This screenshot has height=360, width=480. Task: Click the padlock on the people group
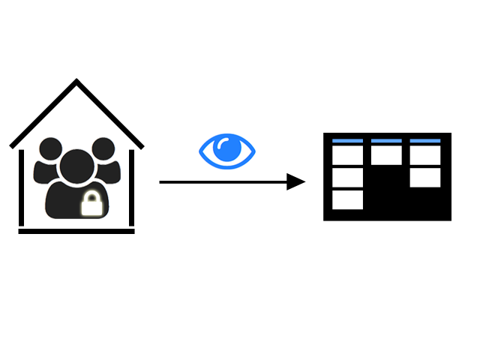tap(91, 205)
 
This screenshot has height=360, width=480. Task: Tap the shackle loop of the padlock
tap(91, 196)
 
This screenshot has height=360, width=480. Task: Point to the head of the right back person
tap(103, 148)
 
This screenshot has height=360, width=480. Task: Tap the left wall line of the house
tap(21, 187)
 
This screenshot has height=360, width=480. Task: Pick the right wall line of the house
tap(132, 187)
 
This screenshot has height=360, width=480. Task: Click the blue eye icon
tap(226, 149)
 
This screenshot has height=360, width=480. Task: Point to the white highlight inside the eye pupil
tap(222, 144)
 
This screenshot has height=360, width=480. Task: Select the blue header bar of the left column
tap(347, 140)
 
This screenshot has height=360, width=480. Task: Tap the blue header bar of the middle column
tap(386, 140)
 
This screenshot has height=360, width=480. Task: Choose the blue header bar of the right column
tap(425, 140)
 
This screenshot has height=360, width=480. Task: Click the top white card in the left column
tap(347, 155)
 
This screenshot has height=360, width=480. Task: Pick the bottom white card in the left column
tap(347, 199)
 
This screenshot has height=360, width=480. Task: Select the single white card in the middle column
tap(386, 155)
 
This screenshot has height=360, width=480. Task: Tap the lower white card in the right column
tap(425, 178)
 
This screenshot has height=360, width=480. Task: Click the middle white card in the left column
tap(347, 178)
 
